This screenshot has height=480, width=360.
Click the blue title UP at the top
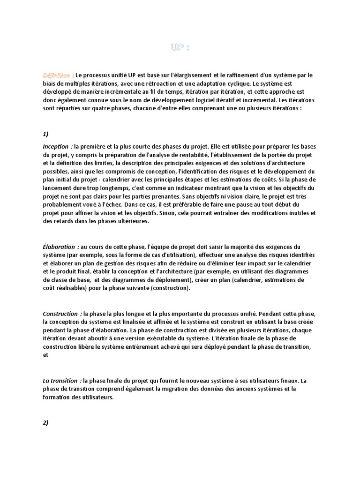coord(180,47)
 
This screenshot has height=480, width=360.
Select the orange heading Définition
coord(57,75)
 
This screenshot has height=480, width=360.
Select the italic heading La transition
coord(62,381)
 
